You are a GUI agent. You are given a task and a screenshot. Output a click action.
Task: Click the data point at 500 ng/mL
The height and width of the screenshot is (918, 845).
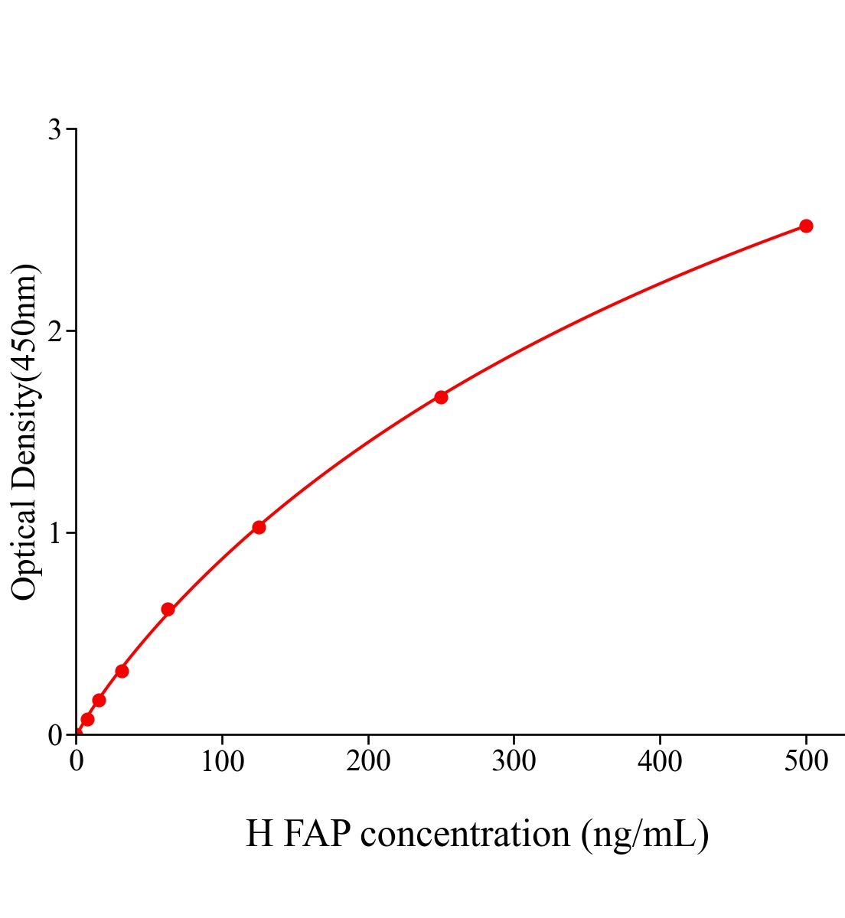click(x=806, y=226)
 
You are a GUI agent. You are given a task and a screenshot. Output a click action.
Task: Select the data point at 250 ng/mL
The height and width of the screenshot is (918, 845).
click(x=441, y=397)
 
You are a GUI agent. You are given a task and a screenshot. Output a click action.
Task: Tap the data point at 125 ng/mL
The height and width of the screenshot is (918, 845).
click(x=259, y=527)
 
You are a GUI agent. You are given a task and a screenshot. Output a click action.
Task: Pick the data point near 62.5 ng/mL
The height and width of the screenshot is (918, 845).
click(x=168, y=610)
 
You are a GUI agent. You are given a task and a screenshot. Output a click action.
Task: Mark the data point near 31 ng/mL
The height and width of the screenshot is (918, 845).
click(x=122, y=671)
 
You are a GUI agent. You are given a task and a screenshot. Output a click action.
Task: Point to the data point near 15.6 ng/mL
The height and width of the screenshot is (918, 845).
click(x=99, y=700)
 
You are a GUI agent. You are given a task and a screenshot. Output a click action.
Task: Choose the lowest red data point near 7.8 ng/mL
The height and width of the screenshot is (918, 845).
click(x=87, y=719)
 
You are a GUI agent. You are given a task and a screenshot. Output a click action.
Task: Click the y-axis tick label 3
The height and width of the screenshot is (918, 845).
click(x=54, y=130)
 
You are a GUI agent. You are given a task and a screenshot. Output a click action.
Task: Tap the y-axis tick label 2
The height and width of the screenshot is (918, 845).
click(x=54, y=331)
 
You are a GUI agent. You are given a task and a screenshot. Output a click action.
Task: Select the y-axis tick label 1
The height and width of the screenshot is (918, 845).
click(x=54, y=533)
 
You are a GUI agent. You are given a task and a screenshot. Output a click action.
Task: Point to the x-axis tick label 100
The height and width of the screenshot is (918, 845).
click(x=222, y=762)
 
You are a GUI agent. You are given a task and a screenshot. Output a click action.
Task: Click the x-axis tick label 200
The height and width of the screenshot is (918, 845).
click(x=368, y=762)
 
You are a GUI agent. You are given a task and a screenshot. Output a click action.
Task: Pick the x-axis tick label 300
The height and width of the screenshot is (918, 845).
click(x=514, y=762)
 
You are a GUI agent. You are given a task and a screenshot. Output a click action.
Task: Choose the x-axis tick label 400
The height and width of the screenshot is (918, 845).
click(x=660, y=762)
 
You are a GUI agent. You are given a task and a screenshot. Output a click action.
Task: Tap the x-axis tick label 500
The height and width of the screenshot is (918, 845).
click(x=806, y=762)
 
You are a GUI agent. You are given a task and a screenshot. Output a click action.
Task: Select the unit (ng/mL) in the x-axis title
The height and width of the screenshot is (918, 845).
click(x=644, y=834)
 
